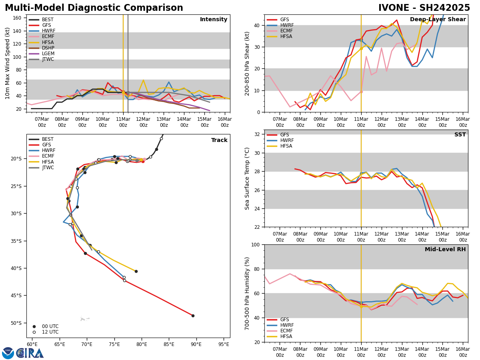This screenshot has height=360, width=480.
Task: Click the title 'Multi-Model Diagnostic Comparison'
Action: [x=94, y=8]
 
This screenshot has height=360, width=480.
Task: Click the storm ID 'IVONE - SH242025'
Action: [x=424, y=8]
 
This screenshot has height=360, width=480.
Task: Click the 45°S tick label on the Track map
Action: [x=16, y=296]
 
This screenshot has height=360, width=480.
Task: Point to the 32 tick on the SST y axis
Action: [x=258, y=134]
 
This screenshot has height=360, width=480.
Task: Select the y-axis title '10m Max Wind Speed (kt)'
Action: [x=8, y=63]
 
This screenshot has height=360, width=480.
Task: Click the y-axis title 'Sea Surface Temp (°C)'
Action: [x=247, y=178]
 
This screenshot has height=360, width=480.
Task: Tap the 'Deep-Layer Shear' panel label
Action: [x=438, y=20]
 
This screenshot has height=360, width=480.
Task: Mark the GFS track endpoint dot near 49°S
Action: [x=193, y=316]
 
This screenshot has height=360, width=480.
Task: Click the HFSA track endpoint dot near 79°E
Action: [x=136, y=271]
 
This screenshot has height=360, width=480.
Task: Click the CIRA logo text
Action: [x=30, y=353]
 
